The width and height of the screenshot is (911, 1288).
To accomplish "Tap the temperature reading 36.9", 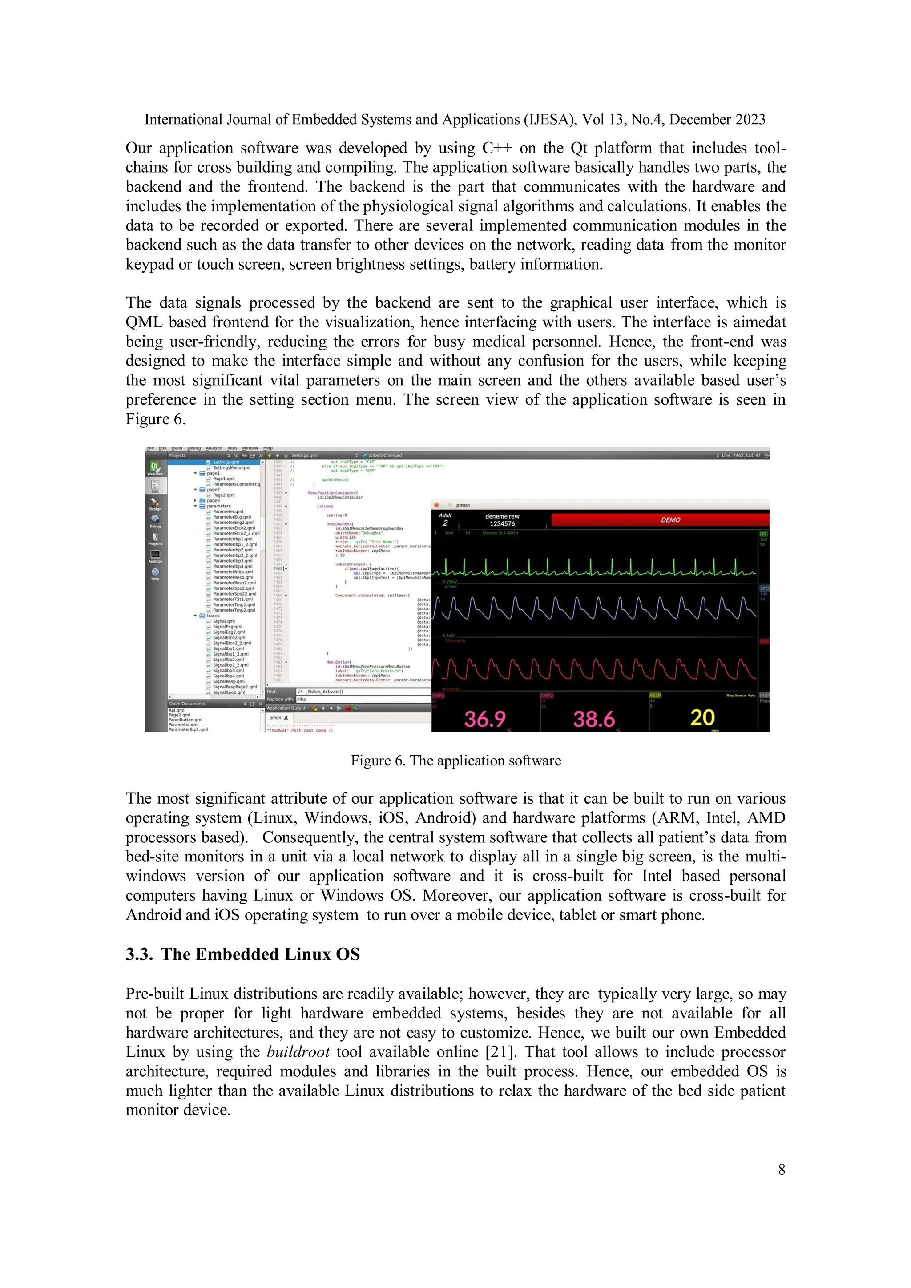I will point(485,719).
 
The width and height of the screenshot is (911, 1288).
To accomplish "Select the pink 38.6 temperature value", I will point(593,719).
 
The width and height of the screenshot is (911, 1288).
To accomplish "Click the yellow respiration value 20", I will point(702,717).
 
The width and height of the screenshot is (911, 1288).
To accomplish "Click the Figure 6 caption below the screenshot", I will point(455,761).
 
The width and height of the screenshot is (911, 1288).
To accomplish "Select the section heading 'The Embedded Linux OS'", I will point(260,954).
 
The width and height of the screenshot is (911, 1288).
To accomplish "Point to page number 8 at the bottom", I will point(782,1170).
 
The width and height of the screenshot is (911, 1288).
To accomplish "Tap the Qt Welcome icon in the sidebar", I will point(155,468).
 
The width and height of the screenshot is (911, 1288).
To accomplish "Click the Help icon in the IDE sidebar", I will point(155,573).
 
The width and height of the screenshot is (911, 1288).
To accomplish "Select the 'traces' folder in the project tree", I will point(213,616).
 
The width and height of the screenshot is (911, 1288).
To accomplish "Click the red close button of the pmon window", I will point(437,505).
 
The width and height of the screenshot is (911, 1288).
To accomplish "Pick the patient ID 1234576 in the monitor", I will point(502,524).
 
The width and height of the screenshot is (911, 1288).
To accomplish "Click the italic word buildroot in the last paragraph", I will point(298,1052).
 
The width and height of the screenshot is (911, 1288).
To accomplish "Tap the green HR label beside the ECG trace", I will point(763,534).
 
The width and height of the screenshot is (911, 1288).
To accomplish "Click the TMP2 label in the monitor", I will point(546,696).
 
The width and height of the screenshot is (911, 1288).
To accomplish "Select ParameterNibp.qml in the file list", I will point(233,572).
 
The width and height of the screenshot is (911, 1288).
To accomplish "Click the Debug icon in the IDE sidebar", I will point(155,521).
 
